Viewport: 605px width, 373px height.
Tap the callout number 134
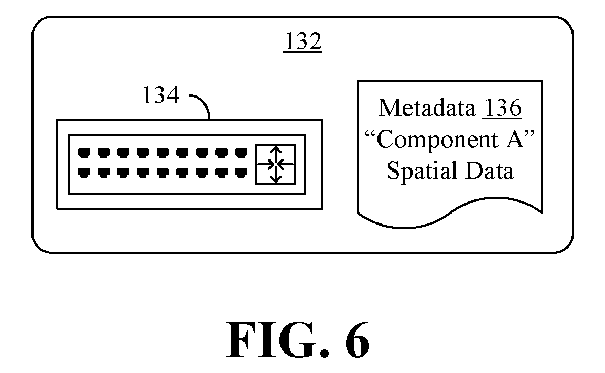(x=161, y=95)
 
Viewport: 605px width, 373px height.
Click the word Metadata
(x=427, y=108)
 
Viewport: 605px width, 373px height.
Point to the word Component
(x=438, y=140)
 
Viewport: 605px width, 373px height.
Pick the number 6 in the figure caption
(x=357, y=340)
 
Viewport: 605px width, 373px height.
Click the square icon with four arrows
(x=275, y=165)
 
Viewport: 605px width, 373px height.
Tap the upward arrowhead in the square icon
(x=275, y=150)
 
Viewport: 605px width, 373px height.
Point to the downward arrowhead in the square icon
(x=275, y=178)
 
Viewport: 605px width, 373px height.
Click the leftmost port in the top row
(x=84, y=153)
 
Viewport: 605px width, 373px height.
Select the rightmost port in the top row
(x=242, y=153)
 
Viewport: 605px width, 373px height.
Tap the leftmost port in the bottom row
(x=84, y=173)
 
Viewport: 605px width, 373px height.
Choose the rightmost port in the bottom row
(x=242, y=173)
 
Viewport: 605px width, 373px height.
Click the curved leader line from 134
(x=204, y=101)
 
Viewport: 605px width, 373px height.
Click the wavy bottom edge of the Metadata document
(x=450, y=213)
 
